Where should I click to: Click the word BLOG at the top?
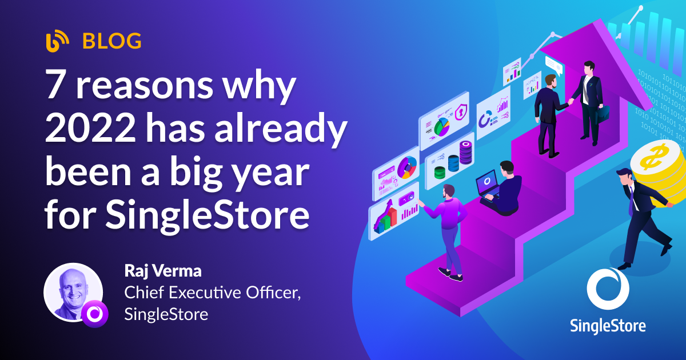tap(112, 41)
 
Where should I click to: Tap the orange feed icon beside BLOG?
tap(57, 41)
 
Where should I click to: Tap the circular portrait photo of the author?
tap(73, 291)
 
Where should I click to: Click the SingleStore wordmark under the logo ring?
tap(607, 325)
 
